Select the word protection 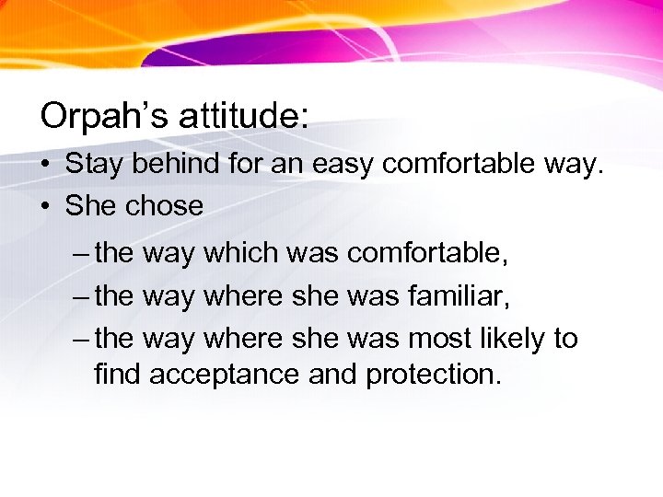coord(434,375)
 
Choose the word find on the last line coord(118,375)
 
